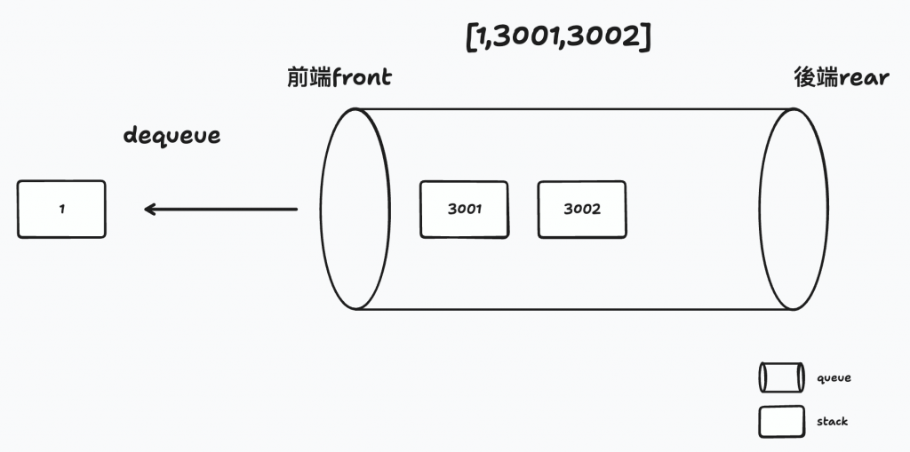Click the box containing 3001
(x=464, y=210)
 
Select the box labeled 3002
(x=582, y=210)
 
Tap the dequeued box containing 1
(x=61, y=210)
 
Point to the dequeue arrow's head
(x=149, y=210)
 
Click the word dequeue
(x=172, y=136)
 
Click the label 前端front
(x=339, y=77)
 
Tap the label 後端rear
(x=841, y=77)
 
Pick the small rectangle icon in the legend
(x=780, y=422)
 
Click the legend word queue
(x=834, y=378)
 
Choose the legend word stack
(x=832, y=422)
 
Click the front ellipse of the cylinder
(x=355, y=210)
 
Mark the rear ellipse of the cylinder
(x=787, y=210)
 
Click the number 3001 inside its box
(x=464, y=210)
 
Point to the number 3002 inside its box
(x=582, y=210)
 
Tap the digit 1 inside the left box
(x=61, y=210)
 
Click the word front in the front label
(x=362, y=77)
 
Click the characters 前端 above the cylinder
(x=308, y=77)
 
